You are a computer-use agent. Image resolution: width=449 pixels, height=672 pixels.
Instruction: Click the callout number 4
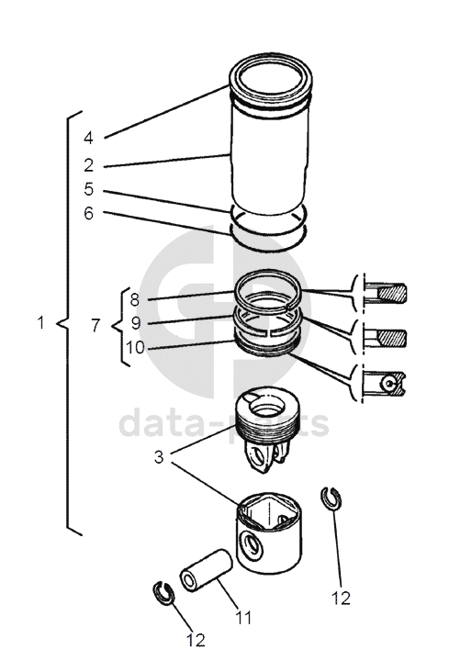[88, 138]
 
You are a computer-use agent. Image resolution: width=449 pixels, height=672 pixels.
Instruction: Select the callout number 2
[89, 165]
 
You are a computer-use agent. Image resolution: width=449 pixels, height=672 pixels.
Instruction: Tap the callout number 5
[89, 189]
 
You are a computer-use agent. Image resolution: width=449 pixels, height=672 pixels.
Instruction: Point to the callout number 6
[89, 213]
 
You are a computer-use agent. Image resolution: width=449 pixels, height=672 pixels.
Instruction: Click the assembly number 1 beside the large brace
[40, 322]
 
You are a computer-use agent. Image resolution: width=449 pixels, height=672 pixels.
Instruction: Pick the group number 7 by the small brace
[95, 326]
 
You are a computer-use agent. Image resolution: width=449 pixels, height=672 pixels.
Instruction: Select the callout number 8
[135, 299]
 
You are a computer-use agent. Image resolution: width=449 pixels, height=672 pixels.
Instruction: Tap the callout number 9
[136, 323]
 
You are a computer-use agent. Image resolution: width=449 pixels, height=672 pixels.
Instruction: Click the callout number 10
[136, 347]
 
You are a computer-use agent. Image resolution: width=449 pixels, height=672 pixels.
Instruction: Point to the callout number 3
[159, 457]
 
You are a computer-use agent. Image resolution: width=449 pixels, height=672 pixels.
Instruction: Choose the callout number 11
[242, 618]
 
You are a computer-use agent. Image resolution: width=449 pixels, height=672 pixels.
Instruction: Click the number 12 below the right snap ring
[341, 598]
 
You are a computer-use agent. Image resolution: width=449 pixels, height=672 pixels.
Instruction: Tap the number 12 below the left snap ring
[196, 640]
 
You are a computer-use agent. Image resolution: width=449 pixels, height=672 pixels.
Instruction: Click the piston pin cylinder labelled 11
[207, 571]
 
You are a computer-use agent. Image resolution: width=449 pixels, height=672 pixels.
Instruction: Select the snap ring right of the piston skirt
[331, 498]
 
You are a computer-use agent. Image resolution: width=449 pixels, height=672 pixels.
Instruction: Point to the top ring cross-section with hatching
[391, 294]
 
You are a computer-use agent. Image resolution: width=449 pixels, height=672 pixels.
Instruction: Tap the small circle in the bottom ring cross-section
[389, 383]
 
